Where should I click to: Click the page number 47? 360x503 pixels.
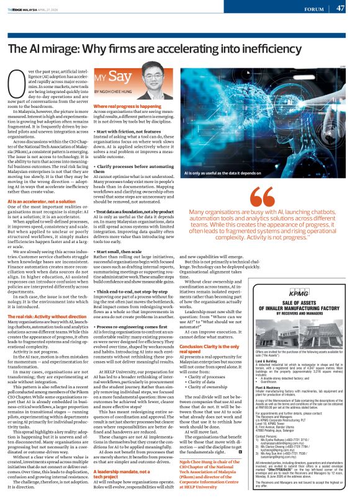(340, 8)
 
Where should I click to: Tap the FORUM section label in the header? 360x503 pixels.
(313, 9)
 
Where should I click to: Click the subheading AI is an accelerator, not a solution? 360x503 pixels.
(43, 203)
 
